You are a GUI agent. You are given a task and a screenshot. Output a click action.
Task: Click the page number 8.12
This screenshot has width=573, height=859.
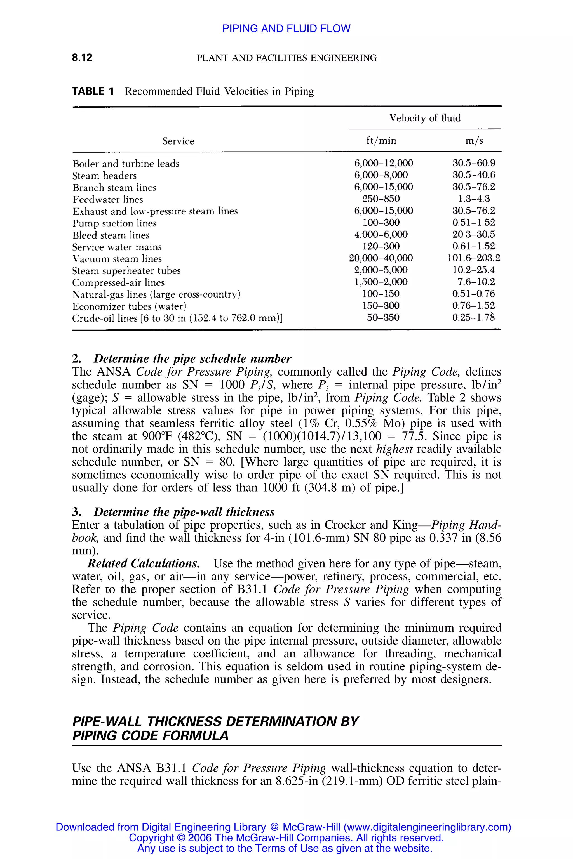coord(82,58)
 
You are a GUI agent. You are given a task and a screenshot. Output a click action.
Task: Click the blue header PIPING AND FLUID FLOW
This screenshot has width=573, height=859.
coord(286,29)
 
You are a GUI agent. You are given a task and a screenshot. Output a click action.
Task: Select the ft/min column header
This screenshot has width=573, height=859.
coord(381,141)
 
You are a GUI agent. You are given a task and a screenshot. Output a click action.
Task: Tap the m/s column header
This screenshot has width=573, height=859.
coord(474,141)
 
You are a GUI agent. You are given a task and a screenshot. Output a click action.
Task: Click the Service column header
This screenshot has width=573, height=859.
coord(178,141)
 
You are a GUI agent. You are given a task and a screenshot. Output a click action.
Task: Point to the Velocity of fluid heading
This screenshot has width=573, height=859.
coord(425,118)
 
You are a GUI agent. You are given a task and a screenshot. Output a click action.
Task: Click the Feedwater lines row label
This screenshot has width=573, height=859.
coord(108,199)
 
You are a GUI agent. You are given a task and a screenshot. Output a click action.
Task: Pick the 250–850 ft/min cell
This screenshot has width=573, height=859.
coord(381,199)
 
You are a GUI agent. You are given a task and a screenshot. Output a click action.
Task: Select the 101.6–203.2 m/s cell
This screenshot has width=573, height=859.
coord(474,258)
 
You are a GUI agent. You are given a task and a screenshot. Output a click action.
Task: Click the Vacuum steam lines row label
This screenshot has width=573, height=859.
coord(117,259)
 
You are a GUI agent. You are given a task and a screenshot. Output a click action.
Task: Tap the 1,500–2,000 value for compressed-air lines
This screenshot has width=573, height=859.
coord(381,282)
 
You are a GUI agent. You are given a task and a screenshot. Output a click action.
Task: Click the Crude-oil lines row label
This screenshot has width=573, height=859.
coord(177,318)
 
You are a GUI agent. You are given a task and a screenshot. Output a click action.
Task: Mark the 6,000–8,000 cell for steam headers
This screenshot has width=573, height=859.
coord(381,175)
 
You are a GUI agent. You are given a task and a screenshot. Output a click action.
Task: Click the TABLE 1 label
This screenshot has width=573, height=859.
coord(93,91)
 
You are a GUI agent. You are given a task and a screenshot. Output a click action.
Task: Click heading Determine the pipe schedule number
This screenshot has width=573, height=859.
coord(192,359)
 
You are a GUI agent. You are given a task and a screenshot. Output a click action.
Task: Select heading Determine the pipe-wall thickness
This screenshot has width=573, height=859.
coord(184,512)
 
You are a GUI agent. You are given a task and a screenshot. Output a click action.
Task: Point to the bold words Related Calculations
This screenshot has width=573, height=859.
coord(144,563)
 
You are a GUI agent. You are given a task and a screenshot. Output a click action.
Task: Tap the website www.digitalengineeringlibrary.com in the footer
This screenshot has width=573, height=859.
coord(427,827)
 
